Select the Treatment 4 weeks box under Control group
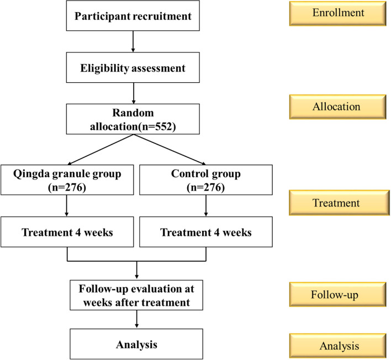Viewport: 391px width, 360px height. click(x=206, y=232)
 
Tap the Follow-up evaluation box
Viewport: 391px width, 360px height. click(x=136, y=295)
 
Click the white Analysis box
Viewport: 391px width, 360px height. click(x=136, y=345)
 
